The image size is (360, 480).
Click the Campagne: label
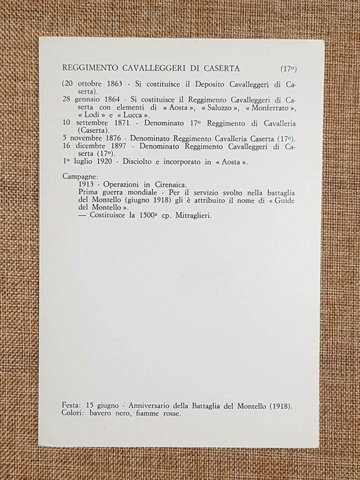(x=81, y=177)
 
